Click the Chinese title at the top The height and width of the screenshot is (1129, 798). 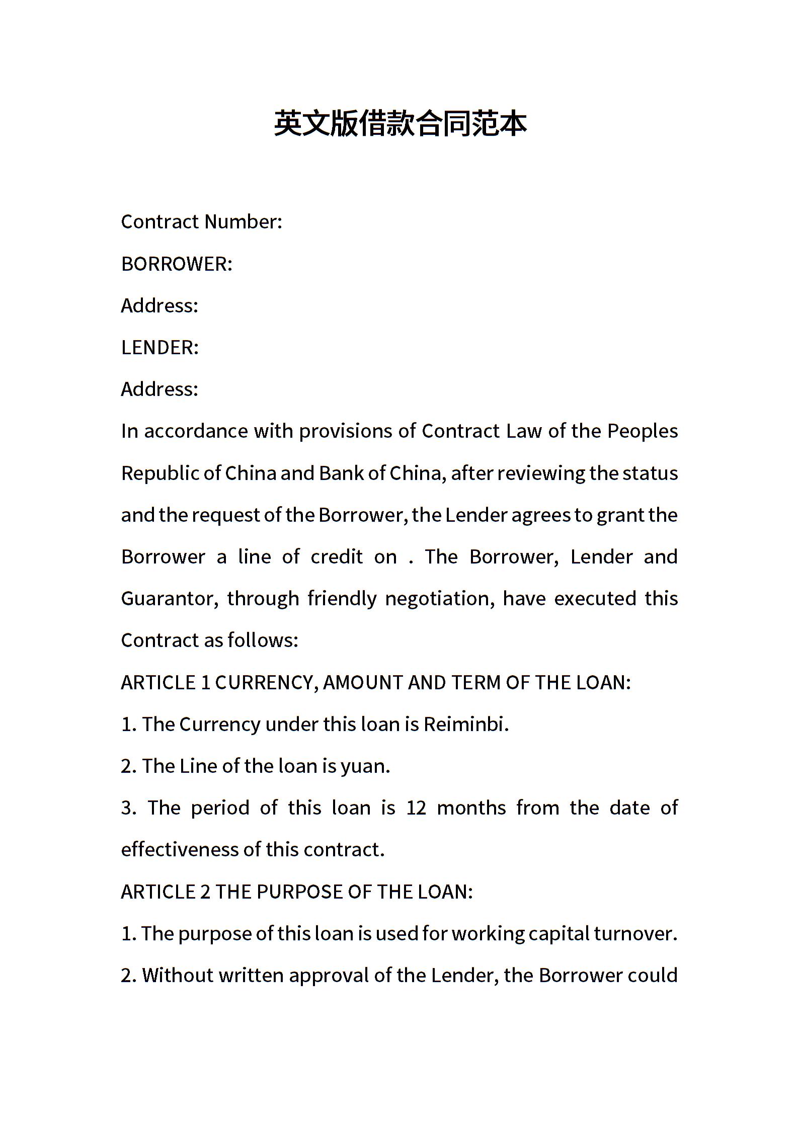tap(400, 124)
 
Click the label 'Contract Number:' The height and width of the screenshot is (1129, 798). tap(201, 222)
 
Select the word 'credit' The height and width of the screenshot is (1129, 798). tap(337, 557)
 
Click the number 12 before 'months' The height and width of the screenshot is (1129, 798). tap(416, 808)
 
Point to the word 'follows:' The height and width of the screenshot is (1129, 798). tap(263, 640)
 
